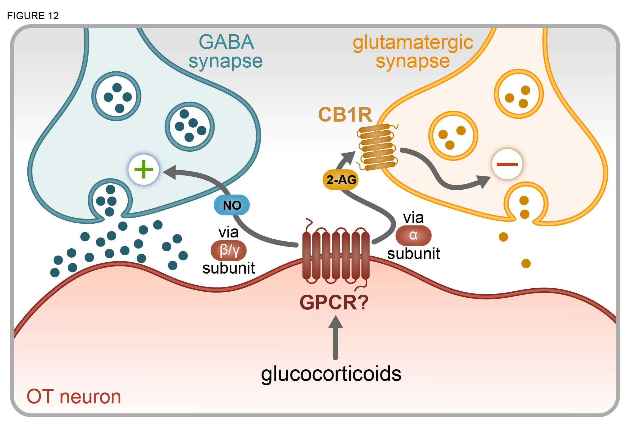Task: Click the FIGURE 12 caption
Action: pos(33,16)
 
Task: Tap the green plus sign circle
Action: pos(144,169)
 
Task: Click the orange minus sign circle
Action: pos(507,164)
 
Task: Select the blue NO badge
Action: pos(232,205)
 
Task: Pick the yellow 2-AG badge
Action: pos(341,180)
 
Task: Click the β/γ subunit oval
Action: pos(229,250)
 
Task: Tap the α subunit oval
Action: pos(413,235)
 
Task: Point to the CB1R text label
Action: pos(345,115)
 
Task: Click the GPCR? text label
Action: pos(334,302)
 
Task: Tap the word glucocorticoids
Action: pos(331,374)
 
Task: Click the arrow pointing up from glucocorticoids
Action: pos(336,337)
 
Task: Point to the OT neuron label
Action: pos(74,396)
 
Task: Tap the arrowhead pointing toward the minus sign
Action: pos(483,181)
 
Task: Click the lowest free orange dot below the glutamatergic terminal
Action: pos(526,263)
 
